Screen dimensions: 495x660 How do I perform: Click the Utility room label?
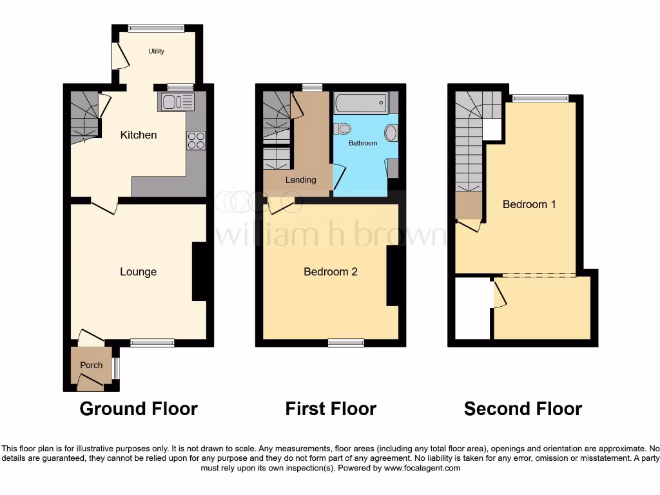[x=156, y=52]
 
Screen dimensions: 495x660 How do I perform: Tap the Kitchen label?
[x=139, y=135]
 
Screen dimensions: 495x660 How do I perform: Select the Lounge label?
[x=138, y=272]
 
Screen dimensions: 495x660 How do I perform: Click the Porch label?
[x=91, y=365]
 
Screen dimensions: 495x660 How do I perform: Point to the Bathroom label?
[x=363, y=143]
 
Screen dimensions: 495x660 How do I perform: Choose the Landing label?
[x=300, y=180]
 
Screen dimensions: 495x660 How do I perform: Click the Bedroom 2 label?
[x=331, y=272]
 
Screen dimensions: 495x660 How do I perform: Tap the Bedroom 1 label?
[x=529, y=204]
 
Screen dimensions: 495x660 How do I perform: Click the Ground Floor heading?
[x=139, y=409]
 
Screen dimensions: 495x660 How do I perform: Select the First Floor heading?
[x=331, y=409]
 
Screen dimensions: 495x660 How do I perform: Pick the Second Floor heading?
[x=523, y=409]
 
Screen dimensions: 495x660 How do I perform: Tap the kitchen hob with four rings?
[x=196, y=140]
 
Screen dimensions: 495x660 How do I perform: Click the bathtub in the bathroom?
[x=360, y=102]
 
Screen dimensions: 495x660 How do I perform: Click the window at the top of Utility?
[x=156, y=27]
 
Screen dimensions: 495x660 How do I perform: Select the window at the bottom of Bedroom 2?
[x=345, y=343]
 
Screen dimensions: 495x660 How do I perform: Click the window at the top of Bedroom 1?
[x=541, y=98]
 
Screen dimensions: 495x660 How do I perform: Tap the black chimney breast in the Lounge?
[x=199, y=272]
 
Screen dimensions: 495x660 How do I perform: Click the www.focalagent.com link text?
[x=422, y=468]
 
